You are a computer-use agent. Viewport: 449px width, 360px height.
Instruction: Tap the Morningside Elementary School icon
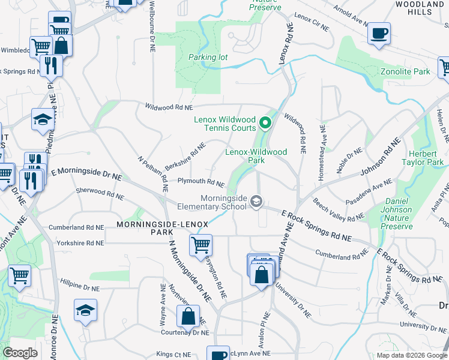pos(256,200)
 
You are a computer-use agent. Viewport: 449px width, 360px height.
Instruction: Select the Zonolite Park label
pos(405,72)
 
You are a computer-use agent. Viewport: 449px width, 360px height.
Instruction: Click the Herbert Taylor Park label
pos(422,158)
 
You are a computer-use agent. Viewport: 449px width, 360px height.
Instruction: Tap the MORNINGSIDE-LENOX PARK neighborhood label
pos(162,228)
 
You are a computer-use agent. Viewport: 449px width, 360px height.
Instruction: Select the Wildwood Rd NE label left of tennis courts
pos(169,107)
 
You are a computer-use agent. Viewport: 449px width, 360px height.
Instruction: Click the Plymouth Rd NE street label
pos(200,182)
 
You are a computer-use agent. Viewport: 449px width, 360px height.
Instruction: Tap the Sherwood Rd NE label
pos(100,193)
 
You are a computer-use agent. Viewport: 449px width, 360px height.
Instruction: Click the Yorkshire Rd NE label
pos(80,244)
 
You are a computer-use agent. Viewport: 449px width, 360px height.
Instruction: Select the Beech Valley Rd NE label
pos(339,210)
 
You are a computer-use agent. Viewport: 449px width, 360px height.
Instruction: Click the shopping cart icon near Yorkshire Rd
pos(200,245)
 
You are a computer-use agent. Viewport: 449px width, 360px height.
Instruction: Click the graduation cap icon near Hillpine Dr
pos(85,310)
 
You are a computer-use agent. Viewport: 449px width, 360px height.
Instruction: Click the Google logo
pos(20,353)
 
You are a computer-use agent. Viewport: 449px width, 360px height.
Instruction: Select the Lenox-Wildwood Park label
pos(256,156)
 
